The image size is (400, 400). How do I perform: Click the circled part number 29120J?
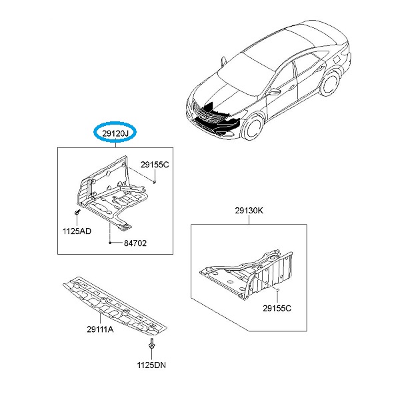click(115, 133)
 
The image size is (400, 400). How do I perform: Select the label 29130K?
click(249, 211)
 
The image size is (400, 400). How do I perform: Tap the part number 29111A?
click(100, 329)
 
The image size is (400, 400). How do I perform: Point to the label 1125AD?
click(77, 231)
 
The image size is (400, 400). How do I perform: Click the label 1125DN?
click(151, 365)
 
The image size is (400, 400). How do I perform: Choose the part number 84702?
click(135, 243)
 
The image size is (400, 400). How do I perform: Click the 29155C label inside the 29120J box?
click(155, 165)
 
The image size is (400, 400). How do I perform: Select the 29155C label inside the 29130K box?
click(277, 309)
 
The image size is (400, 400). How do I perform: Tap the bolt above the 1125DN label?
click(151, 343)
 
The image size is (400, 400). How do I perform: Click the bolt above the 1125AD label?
click(77, 212)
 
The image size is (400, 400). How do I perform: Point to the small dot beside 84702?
click(110, 243)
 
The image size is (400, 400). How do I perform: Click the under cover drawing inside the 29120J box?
click(112, 193)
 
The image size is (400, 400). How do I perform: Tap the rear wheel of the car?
click(330, 83)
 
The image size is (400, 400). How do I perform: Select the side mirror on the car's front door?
click(274, 91)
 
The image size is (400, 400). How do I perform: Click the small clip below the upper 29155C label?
click(155, 182)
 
